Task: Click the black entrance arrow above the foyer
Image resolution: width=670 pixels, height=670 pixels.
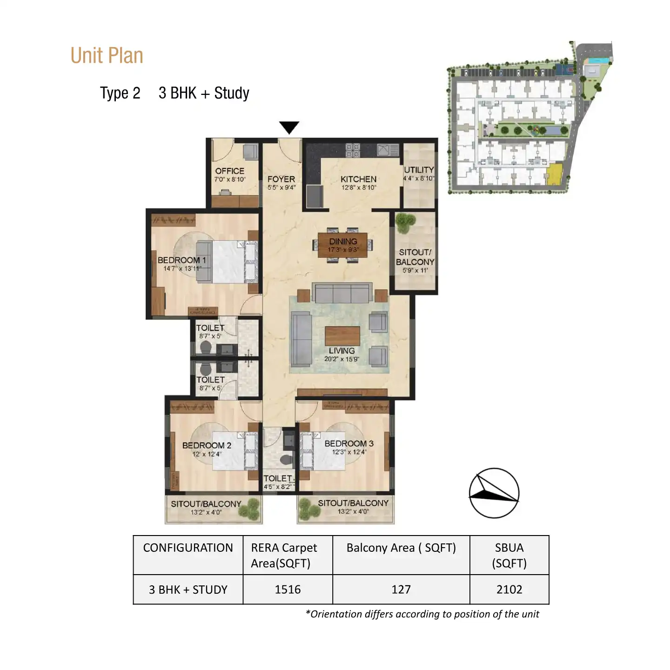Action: point(289,127)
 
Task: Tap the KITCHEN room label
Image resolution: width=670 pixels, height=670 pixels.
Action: point(358,179)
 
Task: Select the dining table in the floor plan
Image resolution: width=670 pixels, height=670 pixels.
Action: point(343,245)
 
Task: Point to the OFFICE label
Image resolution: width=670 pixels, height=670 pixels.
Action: point(229,171)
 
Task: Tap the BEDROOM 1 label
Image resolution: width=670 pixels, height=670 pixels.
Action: point(181,260)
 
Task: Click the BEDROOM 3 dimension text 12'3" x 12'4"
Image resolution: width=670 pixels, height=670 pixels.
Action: point(349,452)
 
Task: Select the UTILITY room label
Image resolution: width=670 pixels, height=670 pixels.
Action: point(419,170)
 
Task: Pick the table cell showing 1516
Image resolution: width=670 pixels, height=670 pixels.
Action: point(288,590)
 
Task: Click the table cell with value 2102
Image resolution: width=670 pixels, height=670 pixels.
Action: point(509,590)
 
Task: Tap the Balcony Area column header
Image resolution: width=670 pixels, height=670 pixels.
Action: point(401,548)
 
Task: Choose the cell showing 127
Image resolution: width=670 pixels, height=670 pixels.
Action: point(401,590)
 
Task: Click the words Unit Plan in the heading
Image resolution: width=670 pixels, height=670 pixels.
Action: point(107,56)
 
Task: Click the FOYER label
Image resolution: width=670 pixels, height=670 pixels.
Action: point(281,179)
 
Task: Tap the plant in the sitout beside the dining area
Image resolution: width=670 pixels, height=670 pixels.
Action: point(405,222)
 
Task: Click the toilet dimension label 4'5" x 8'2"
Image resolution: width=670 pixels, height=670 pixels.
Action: point(278,487)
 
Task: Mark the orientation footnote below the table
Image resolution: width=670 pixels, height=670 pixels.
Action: point(422,614)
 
